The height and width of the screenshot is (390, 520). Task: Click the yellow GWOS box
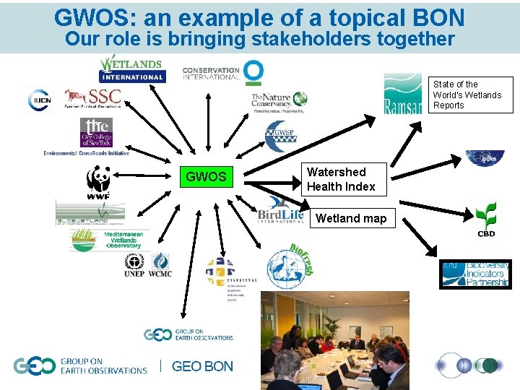[x=206, y=177]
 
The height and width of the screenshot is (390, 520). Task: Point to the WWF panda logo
[x=98, y=183]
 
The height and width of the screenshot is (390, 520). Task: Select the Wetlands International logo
[x=132, y=69]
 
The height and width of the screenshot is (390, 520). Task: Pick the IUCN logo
[x=40, y=100]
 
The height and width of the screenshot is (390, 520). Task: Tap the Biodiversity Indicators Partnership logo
[x=475, y=274]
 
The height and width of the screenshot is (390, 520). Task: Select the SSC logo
[x=93, y=97]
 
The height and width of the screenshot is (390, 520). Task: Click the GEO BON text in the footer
[x=202, y=366]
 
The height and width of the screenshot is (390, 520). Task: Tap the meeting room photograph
[x=334, y=339]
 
